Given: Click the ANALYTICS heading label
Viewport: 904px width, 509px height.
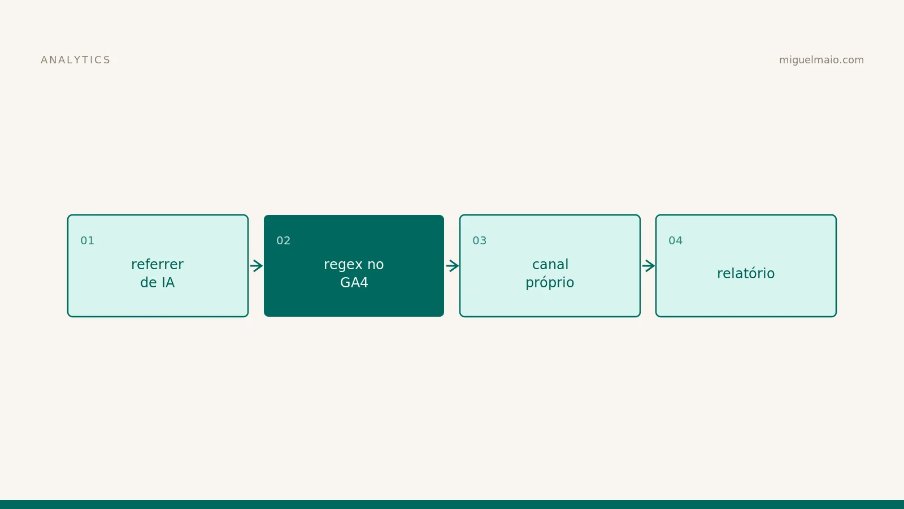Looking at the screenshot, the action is coord(76,60).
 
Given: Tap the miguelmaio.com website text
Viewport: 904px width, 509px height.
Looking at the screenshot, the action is coord(822,60).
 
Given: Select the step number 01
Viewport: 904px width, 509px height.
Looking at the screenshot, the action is coord(87,240).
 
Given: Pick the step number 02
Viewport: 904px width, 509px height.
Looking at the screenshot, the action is coord(283,240).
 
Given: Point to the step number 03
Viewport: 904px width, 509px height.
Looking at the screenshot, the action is coord(480,240).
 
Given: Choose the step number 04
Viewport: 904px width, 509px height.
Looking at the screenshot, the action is coord(676,240).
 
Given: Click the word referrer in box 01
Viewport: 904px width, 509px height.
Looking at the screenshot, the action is coord(158,265).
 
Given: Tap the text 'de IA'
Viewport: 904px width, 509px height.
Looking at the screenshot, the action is coord(158,282).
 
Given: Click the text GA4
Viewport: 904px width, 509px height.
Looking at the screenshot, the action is coord(354,282).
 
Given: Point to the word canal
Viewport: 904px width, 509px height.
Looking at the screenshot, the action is coord(550,265).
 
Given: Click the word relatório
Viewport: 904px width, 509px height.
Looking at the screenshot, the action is coord(746,274).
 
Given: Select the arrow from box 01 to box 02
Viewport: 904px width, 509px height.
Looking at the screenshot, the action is coord(257,266).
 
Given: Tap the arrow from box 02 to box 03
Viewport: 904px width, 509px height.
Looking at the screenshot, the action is coord(453,266).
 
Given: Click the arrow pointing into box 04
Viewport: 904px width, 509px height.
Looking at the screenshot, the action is coord(649,266).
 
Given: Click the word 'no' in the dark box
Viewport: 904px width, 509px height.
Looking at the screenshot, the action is coord(375,265).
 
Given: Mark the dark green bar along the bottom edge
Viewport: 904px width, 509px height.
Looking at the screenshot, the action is coord(452,504).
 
